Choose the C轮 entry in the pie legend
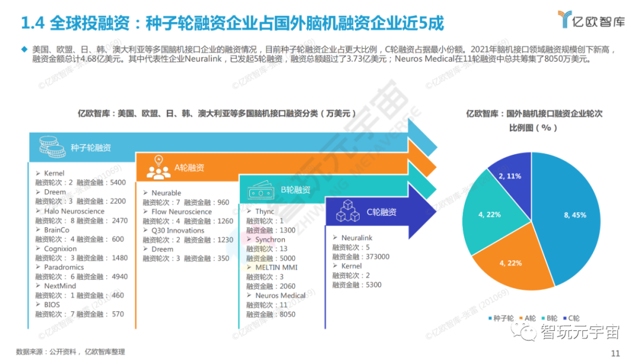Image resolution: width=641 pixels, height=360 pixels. [571, 318]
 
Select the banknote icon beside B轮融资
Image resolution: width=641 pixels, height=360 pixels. [258, 190]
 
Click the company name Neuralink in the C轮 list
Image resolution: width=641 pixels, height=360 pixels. [357, 238]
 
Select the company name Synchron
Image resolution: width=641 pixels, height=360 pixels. [270, 240]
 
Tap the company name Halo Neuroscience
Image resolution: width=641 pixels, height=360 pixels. [74, 211]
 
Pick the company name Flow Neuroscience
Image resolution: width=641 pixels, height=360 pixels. [181, 212]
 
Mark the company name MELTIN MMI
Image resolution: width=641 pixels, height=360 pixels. [276, 267]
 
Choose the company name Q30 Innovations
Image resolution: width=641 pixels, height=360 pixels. [177, 230]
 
